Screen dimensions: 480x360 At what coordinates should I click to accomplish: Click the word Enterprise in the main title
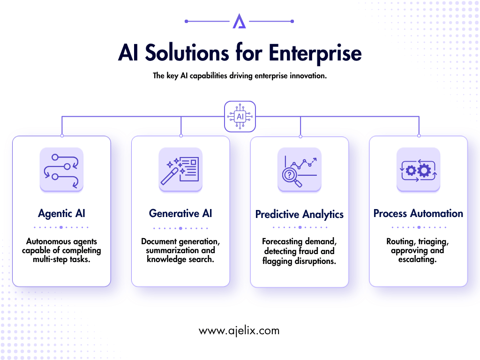[315, 53]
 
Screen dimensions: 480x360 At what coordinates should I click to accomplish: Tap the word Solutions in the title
[187, 52]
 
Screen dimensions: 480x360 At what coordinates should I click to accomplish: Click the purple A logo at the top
[239, 21]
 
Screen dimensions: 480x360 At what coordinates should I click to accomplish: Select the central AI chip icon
[240, 117]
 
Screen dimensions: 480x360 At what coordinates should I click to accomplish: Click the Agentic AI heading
[61, 213]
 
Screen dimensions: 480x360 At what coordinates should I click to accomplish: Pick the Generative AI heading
[180, 213]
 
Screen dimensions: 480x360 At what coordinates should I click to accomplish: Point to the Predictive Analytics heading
[300, 214]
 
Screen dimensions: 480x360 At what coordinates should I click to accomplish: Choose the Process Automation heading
[418, 213]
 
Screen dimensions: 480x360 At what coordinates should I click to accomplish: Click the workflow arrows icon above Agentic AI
[61, 170]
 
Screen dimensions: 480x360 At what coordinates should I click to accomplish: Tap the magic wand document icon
[180, 170]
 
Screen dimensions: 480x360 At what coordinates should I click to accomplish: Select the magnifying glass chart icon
[300, 170]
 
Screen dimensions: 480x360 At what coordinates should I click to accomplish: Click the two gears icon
[418, 170]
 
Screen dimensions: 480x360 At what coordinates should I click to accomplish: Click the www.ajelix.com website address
[239, 331]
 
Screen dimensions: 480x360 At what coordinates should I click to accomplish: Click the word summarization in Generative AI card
[172, 250]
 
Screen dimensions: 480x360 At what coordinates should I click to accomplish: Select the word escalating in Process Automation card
[417, 260]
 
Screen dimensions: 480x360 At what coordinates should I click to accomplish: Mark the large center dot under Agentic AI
[61, 227]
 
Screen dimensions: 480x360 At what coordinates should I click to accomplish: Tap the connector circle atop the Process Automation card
[419, 135]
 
